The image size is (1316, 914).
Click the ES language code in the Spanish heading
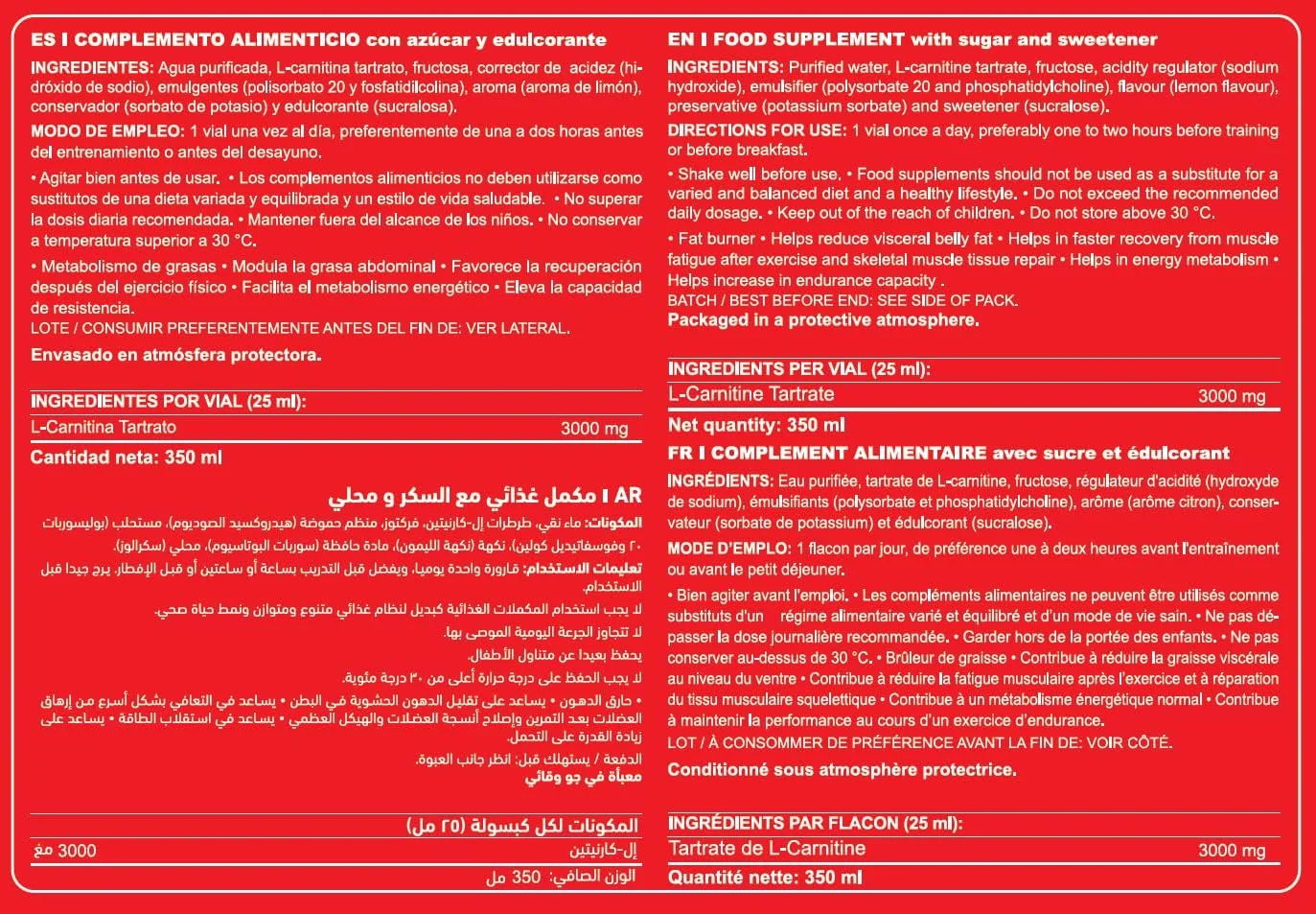(42, 40)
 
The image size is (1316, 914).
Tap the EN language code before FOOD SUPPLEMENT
(680, 40)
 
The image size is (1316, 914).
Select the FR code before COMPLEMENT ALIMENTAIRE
(680, 454)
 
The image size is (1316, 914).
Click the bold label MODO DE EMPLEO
(106, 131)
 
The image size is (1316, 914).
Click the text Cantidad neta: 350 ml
(126, 457)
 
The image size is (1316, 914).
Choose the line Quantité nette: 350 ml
(765, 877)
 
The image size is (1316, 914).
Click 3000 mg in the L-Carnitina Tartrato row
(594, 429)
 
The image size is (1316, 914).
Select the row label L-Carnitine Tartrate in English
(750, 394)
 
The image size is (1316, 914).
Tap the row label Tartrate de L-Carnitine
(767, 849)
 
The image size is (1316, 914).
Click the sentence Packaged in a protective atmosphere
(823, 320)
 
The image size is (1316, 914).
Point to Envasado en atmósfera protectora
(175, 355)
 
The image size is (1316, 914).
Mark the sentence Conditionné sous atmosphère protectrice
(842, 769)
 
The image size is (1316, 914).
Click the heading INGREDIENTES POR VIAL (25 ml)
(168, 402)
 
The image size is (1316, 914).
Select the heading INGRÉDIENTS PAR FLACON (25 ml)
(815, 823)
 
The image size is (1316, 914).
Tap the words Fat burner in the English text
(715, 239)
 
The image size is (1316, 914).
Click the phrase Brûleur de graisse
(946, 658)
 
